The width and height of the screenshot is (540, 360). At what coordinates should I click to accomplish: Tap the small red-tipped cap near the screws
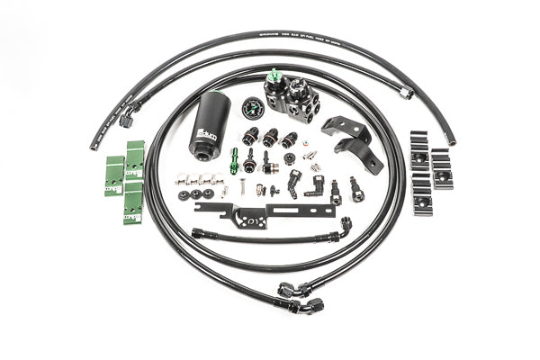pos(259,190)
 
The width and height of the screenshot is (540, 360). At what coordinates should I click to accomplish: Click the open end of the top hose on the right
pos(450,140)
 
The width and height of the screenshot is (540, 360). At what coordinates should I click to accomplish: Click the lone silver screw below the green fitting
pos(241,190)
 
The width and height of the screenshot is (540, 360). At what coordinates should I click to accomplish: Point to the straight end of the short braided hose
pos(197,233)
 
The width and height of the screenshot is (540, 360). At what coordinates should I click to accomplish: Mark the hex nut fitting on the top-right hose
pos(407,92)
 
